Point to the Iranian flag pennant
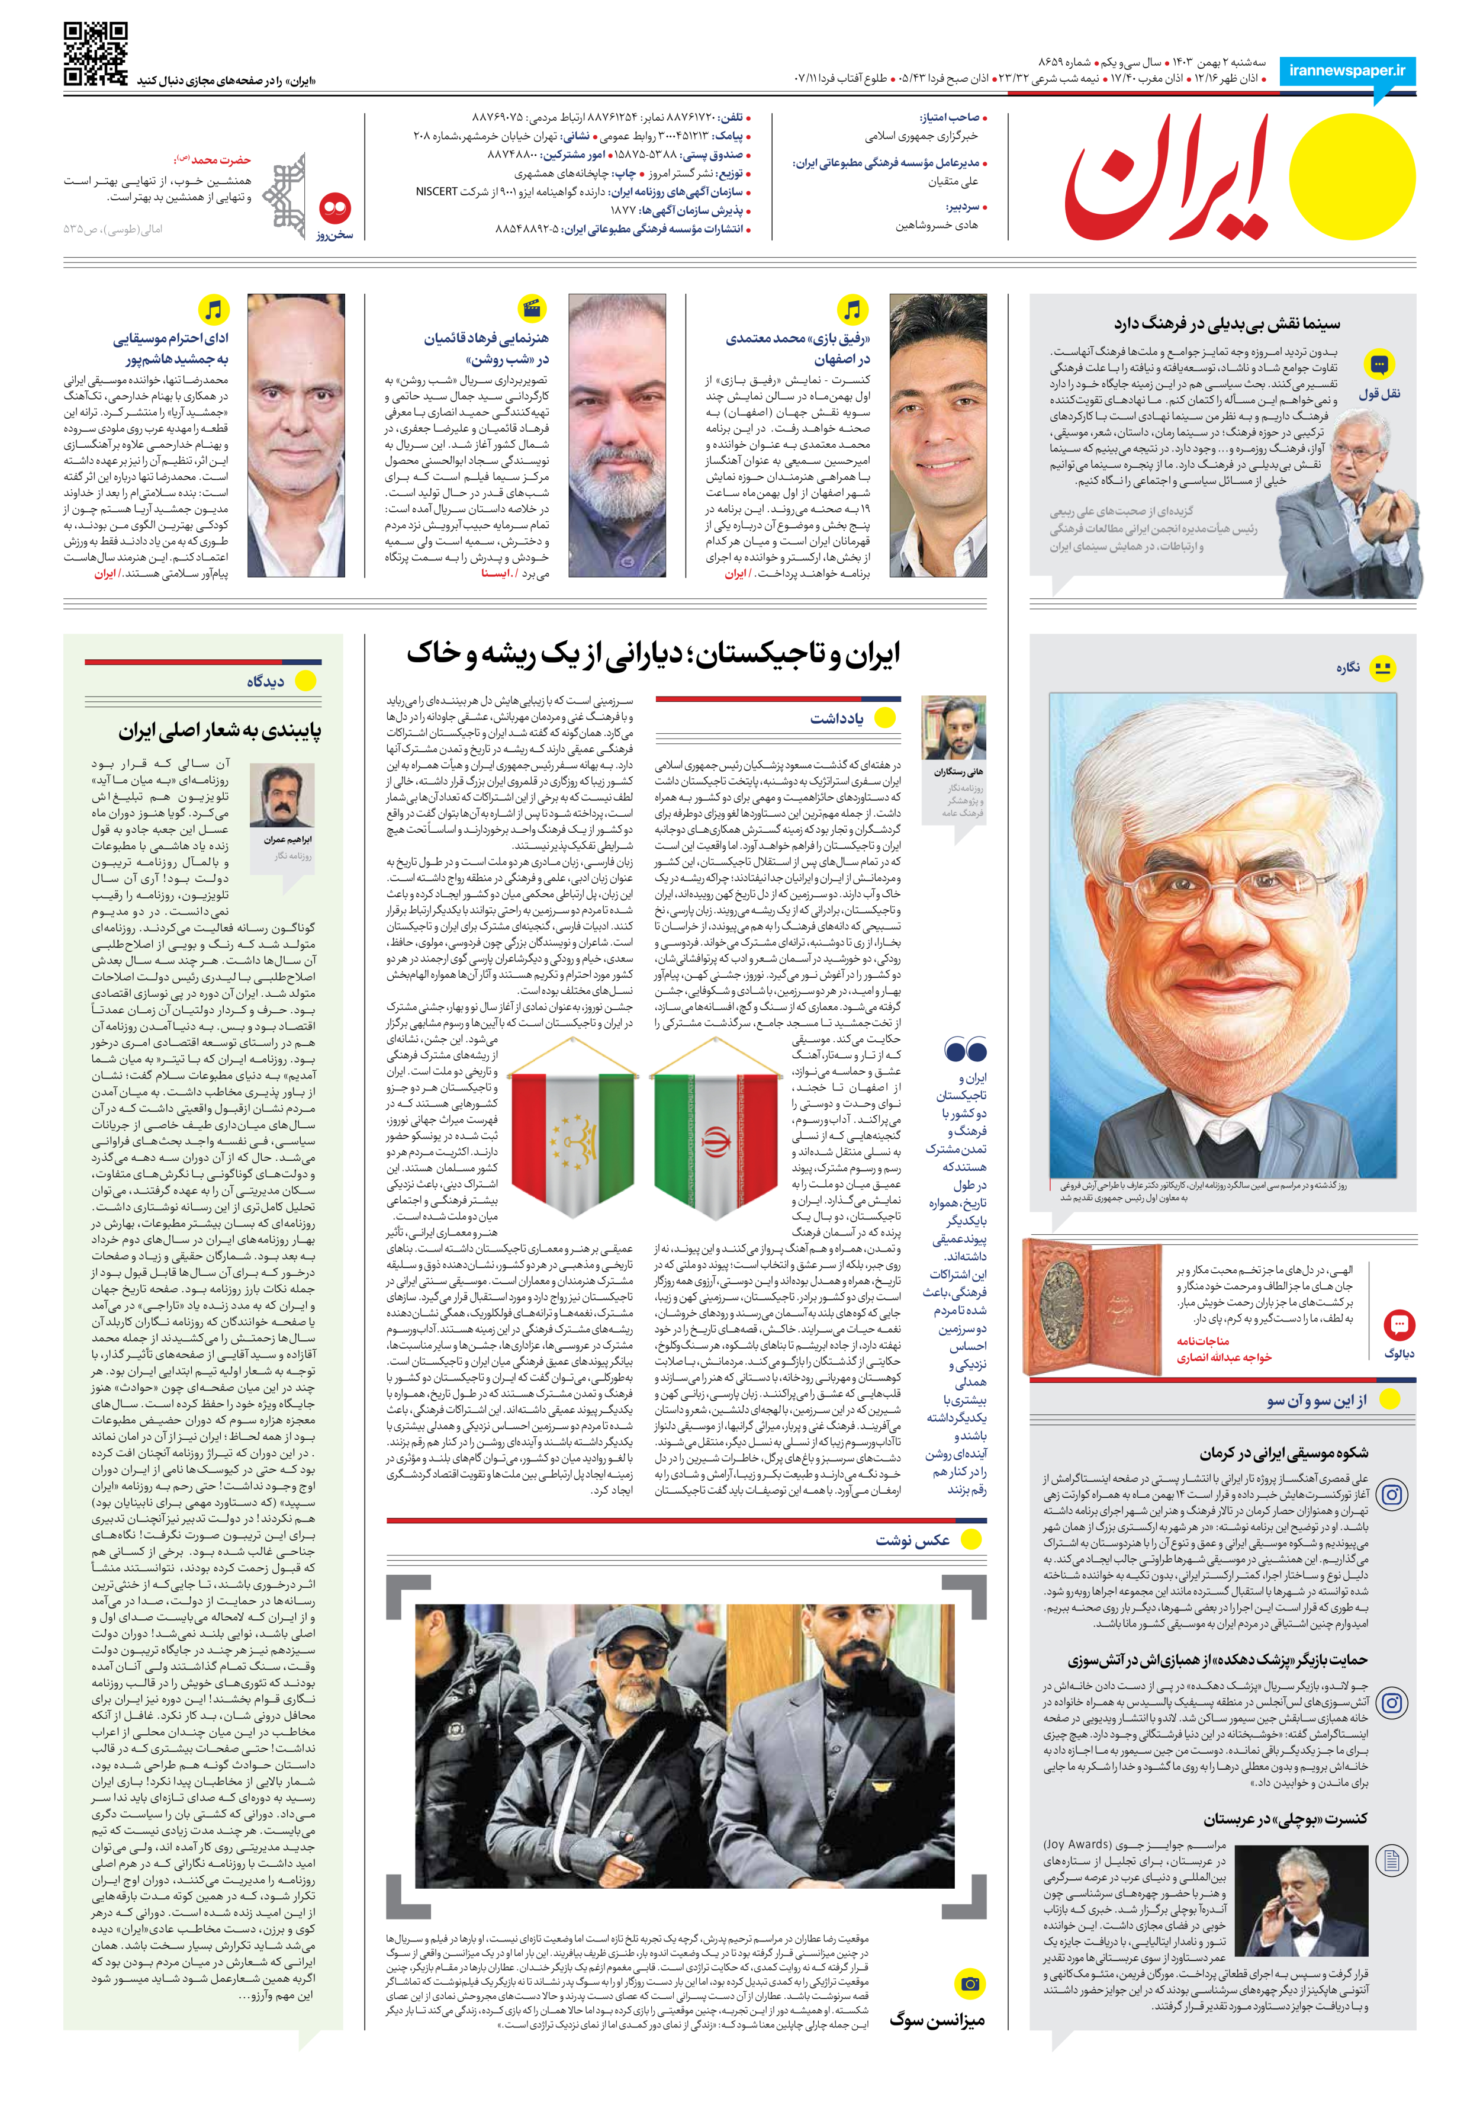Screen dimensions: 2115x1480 (x=715, y=1128)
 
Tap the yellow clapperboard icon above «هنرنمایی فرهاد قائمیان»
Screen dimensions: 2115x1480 (x=532, y=309)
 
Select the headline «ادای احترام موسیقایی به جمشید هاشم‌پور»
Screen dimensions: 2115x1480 (x=171, y=348)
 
